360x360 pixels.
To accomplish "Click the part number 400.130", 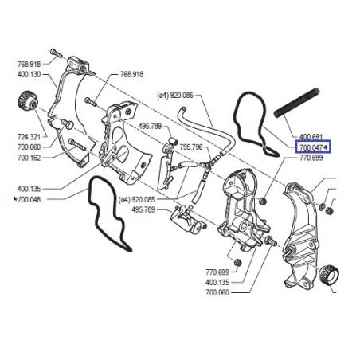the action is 29,74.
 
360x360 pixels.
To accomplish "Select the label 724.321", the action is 29,137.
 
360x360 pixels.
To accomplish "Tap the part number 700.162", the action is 29,158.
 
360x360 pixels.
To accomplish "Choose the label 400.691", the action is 311,137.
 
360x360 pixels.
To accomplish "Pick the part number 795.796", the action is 191,147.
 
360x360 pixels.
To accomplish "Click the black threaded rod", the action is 296,103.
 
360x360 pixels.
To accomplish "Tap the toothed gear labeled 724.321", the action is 28,102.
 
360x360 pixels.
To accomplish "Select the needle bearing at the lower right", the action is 329,276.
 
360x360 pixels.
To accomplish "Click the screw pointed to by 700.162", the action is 77,145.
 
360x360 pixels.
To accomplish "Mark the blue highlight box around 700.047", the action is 313,147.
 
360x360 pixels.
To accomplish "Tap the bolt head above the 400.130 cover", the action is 56,53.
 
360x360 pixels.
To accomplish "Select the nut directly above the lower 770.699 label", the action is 237,262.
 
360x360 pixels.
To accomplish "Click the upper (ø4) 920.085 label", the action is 175,95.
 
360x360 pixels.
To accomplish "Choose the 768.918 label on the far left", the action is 29,64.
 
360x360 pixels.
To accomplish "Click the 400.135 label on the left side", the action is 29,189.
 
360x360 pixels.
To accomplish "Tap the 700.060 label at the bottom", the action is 217,292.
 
